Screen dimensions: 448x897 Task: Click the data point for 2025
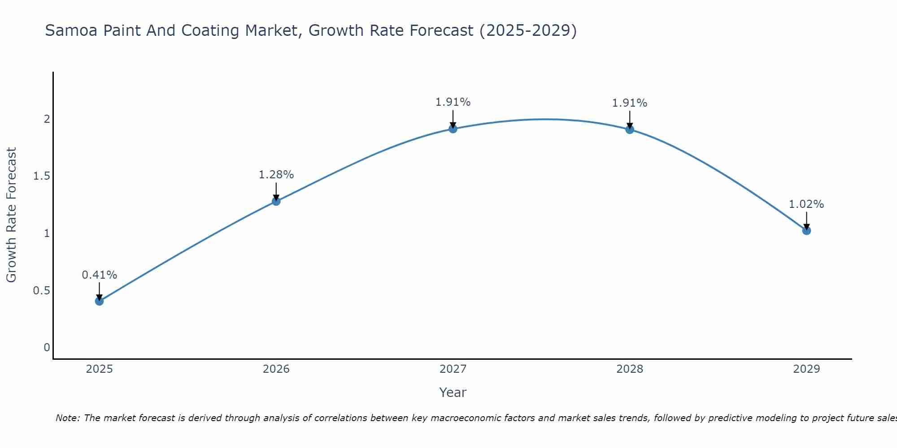(x=100, y=301)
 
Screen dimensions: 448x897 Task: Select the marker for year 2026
(x=276, y=201)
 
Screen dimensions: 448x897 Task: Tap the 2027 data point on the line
(x=453, y=129)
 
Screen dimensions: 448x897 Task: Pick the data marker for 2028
(x=630, y=129)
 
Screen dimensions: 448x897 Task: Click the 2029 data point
(x=806, y=231)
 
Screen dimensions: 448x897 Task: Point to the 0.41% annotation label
(x=100, y=275)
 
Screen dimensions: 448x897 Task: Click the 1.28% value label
(x=276, y=175)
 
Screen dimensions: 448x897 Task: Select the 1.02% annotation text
(x=806, y=204)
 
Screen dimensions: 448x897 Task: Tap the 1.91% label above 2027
(x=453, y=102)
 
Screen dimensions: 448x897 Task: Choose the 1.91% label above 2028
(x=630, y=103)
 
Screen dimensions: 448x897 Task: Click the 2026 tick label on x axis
(x=276, y=369)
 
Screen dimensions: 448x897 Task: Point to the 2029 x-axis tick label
(x=806, y=369)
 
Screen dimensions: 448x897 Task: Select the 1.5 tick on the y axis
(x=42, y=176)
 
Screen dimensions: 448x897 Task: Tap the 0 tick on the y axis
(x=47, y=348)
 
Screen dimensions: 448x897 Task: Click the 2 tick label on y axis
(x=47, y=119)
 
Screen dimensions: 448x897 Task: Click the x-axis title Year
(x=453, y=392)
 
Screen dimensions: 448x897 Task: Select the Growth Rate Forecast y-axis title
(x=12, y=215)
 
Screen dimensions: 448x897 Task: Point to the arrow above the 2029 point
(x=806, y=220)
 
